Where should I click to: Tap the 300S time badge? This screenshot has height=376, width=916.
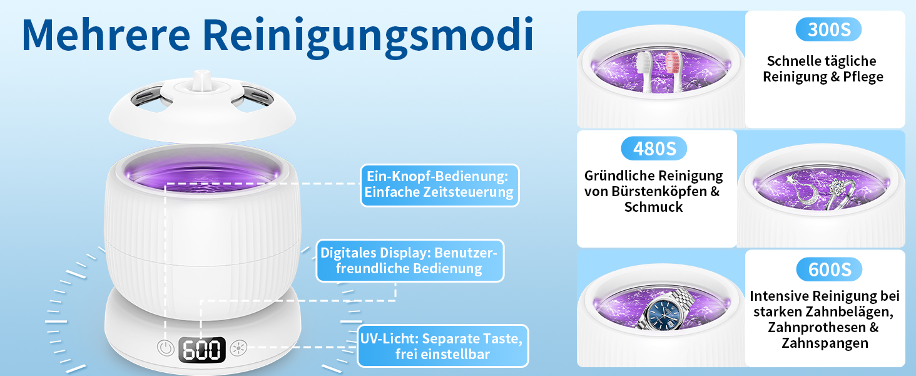pyautogui.click(x=828, y=29)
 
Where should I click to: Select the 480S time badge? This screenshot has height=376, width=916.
pyautogui.click(x=653, y=149)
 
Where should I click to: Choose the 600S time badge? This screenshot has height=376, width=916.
pyautogui.click(x=828, y=269)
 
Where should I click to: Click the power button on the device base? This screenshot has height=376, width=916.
pyautogui.click(x=165, y=348)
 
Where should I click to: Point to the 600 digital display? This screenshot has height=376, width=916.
pyautogui.click(x=201, y=350)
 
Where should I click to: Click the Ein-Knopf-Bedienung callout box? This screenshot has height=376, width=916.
pyautogui.click(x=439, y=185)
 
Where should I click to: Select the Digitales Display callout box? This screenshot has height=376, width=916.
pyautogui.click(x=409, y=261)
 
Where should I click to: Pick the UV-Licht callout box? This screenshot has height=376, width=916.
pyautogui.click(x=442, y=346)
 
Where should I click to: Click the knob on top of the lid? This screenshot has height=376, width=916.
pyautogui.click(x=200, y=81)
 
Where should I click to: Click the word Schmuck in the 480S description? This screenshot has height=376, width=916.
pyautogui.click(x=653, y=207)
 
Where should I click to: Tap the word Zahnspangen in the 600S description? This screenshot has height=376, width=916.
pyautogui.click(x=825, y=343)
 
